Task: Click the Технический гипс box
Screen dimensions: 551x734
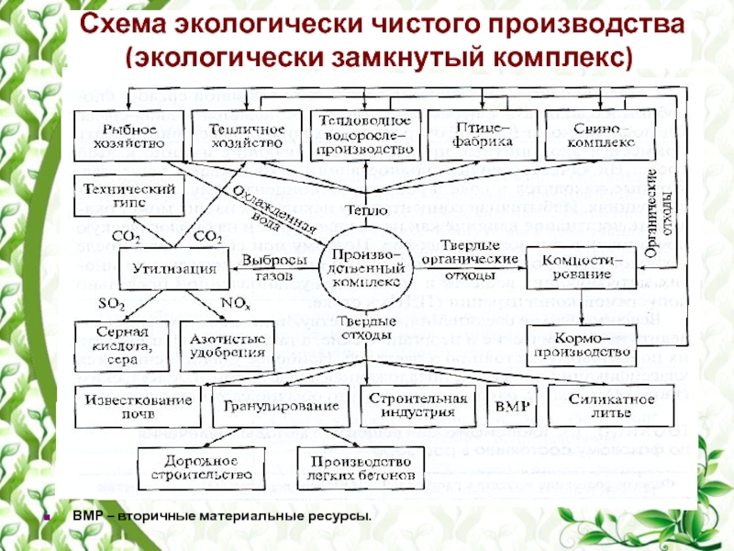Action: [128, 195]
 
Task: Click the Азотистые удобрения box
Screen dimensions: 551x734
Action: [223, 342]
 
